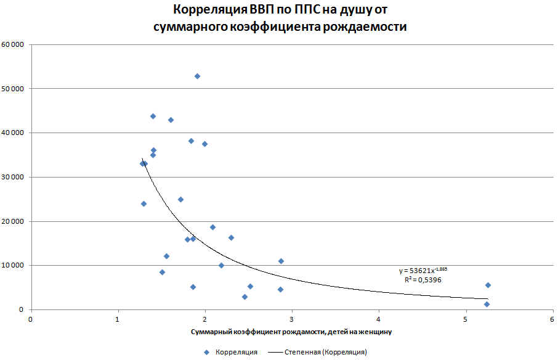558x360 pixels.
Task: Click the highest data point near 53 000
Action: [197, 76]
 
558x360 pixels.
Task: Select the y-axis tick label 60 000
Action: [13, 44]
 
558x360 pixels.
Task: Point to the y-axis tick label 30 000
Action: [13, 177]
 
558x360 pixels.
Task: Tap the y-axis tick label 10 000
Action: [13, 266]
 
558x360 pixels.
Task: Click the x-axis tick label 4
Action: [378, 319]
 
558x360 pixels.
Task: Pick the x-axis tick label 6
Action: [552, 319]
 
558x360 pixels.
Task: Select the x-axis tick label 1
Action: [117, 319]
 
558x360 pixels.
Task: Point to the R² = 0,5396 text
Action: [423, 280]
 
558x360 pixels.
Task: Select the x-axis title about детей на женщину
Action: [291, 332]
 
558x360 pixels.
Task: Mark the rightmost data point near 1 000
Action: [487, 304]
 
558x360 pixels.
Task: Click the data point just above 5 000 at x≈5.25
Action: [488, 285]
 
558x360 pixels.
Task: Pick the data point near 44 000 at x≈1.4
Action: [153, 116]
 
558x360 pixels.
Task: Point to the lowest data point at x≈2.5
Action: [245, 297]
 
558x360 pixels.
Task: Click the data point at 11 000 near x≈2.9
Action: [281, 261]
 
